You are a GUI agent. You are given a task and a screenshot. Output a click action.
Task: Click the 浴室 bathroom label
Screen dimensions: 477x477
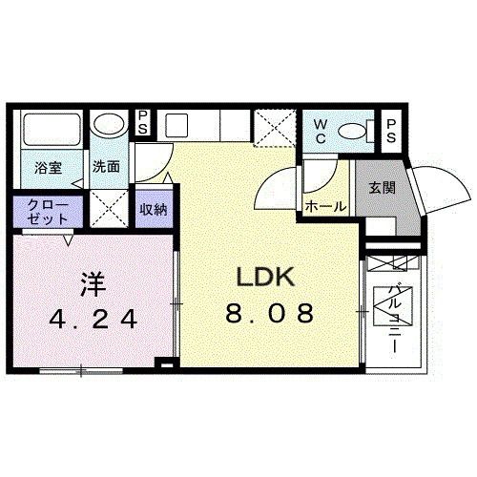click(49, 168)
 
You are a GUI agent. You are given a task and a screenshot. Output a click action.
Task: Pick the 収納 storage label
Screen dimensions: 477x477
click(153, 207)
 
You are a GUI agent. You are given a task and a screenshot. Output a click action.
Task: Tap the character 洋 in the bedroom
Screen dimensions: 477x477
click(91, 283)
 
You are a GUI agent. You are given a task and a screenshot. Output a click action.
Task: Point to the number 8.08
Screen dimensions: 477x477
click(269, 314)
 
